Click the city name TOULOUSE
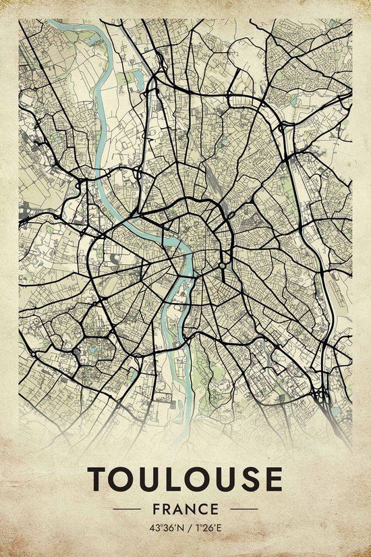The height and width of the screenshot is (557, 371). click(185, 479)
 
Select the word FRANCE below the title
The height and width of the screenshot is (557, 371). click(185, 508)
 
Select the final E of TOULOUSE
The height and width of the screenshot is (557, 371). click(272, 479)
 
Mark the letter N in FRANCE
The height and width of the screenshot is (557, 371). click(190, 508)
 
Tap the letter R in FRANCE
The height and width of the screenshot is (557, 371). click(167, 508)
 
